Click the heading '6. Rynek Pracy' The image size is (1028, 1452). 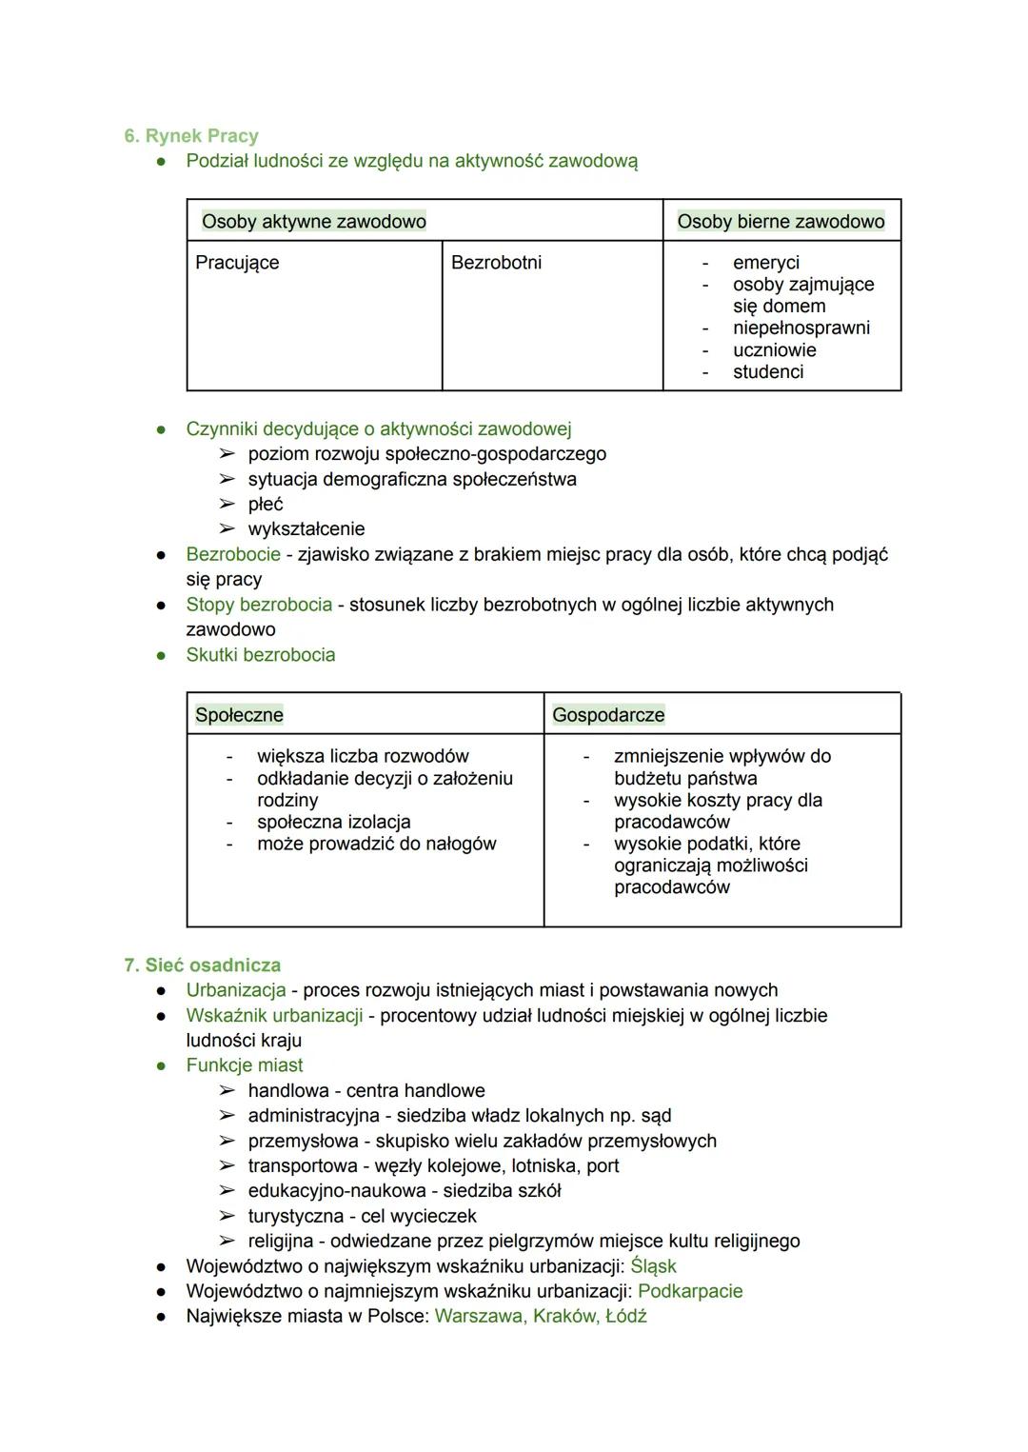coord(191,136)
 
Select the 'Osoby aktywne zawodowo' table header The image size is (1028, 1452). coord(314,222)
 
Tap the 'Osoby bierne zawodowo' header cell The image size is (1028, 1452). coord(781,222)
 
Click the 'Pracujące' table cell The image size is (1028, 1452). coord(237,263)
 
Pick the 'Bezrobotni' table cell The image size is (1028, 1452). coord(496,263)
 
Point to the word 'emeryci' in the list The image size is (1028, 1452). coord(765,263)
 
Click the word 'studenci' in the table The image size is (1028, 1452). coord(768,372)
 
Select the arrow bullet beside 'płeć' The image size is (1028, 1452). coord(227,505)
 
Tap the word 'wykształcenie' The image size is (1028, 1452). coord(306,529)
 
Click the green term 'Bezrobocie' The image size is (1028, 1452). coord(233,554)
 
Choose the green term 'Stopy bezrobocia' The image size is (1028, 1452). coord(259,605)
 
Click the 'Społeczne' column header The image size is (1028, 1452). coord(239,715)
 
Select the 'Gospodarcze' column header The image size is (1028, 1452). coord(608,715)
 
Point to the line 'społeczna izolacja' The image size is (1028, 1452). coord(333,822)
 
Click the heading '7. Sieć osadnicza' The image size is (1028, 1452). coord(202,965)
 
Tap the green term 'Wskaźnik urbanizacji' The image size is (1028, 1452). coord(274,1016)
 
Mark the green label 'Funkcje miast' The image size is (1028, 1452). coord(245,1065)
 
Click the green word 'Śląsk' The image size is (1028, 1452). coord(653,1266)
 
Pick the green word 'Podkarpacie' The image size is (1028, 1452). coord(690,1291)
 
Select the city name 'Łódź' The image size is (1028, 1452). coord(625,1317)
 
